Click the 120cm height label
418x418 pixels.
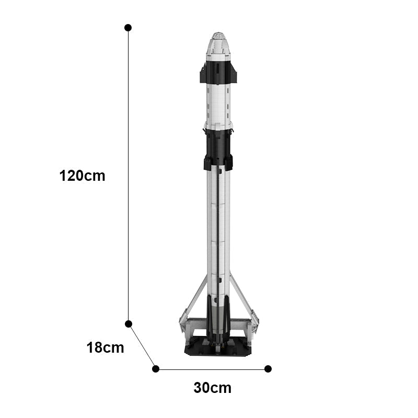[x=82, y=176]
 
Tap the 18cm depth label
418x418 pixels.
[x=106, y=348]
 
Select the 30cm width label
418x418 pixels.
[x=213, y=388]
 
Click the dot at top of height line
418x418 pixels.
[x=128, y=28]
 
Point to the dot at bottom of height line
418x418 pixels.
[x=129, y=324]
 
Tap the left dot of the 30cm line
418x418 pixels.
[x=156, y=369]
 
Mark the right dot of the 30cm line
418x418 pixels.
[x=268, y=369]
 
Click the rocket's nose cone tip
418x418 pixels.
[x=218, y=33]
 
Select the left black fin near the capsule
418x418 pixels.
[x=203, y=73]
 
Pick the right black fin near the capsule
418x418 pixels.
[x=234, y=73]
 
